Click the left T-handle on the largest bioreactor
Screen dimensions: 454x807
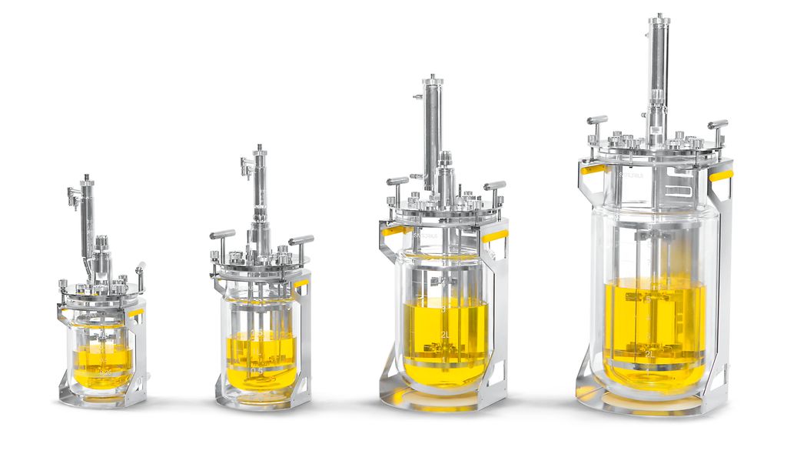tap(596, 120)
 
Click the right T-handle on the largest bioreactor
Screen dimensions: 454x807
tap(718, 124)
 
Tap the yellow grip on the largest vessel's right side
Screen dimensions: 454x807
tap(720, 175)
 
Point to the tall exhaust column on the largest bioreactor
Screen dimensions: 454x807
tap(658, 77)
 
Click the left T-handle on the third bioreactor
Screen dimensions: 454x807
tap(397, 182)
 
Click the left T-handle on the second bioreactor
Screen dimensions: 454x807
tap(222, 234)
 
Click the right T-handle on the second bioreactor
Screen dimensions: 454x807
tap(301, 240)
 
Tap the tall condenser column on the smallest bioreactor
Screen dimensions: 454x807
tap(87, 219)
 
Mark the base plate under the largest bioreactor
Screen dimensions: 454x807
tap(653, 404)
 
